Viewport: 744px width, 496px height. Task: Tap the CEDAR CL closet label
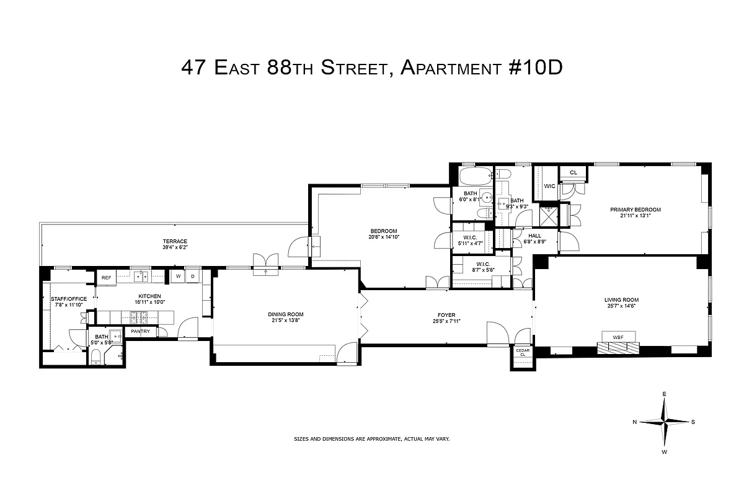point(521,352)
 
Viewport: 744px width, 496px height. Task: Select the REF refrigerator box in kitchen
point(106,278)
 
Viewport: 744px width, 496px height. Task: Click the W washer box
point(178,276)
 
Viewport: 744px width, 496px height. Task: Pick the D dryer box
point(193,276)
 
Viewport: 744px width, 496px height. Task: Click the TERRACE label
point(175,241)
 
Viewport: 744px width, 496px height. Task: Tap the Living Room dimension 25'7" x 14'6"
point(621,306)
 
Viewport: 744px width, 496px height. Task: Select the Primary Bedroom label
point(635,210)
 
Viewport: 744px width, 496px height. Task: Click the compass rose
point(664,422)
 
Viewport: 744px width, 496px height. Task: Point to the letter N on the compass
point(635,422)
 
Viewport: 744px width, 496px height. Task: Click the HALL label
point(534,236)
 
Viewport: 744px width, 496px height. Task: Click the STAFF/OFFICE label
point(69,299)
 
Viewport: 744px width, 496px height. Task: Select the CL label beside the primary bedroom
point(573,172)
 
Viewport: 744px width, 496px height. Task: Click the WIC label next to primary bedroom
point(549,186)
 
